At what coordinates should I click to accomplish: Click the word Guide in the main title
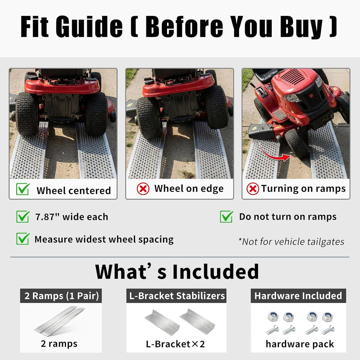click(x=89, y=26)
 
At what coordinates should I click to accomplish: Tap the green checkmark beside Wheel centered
click(x=23, y=189)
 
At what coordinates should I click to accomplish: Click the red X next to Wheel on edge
click(x=143, y=189)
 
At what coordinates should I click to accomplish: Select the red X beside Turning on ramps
click(x=253, y=189)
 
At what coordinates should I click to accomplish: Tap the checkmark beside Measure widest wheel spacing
click(x=23, y=239)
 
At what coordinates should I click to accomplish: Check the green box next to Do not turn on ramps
click(x=227, y=217)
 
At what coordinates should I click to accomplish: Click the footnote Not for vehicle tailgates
click(x=291, y=242)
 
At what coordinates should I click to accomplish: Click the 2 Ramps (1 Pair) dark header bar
click(x=61, y=296)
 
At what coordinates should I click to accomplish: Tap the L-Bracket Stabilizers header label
click(x=177, y=296)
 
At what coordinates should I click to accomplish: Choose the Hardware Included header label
click(x=298, y=296)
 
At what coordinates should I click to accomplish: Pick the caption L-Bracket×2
click(x=175, y=344)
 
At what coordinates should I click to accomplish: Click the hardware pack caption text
click(x=300, y=344)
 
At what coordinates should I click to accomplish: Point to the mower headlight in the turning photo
click(x=291, y=98)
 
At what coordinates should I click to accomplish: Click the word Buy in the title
click(x=301, y=27)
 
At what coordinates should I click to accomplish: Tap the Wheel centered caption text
click(x=74, y=191)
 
